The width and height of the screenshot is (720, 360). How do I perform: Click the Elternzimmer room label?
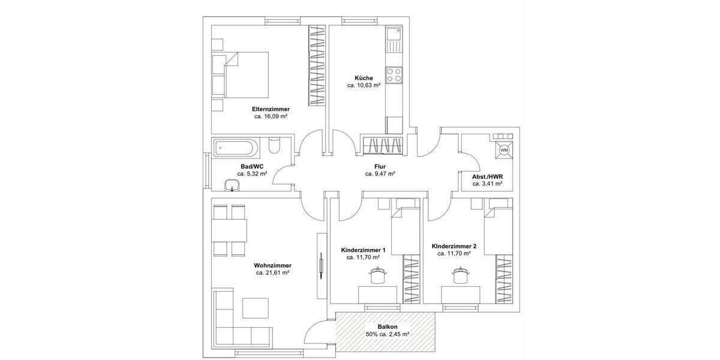coord(271,109)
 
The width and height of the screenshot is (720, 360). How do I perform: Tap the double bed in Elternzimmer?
coord(243,75)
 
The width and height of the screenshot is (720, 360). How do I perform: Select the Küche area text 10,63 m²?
coord(364,86)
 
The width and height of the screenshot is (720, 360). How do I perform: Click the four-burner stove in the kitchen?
coord(394,75)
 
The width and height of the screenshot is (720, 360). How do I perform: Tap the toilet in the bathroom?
coord(274,146)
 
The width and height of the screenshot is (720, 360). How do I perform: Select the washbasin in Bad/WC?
coord(230,185)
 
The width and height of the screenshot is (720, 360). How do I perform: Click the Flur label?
coord(379,166)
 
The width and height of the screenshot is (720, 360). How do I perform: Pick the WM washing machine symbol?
coord(503,149)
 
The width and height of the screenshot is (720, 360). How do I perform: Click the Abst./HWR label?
coord(487,176)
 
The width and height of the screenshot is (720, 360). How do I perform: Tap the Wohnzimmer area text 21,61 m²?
coord(272,273)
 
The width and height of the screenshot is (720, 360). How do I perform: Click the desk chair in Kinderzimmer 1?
coord(376,275)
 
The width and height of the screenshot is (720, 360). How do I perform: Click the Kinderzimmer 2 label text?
coord(454,246)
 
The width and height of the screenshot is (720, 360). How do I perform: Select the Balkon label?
coord(387,327)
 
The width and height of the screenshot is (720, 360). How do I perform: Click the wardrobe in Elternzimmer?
coord(316,66)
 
